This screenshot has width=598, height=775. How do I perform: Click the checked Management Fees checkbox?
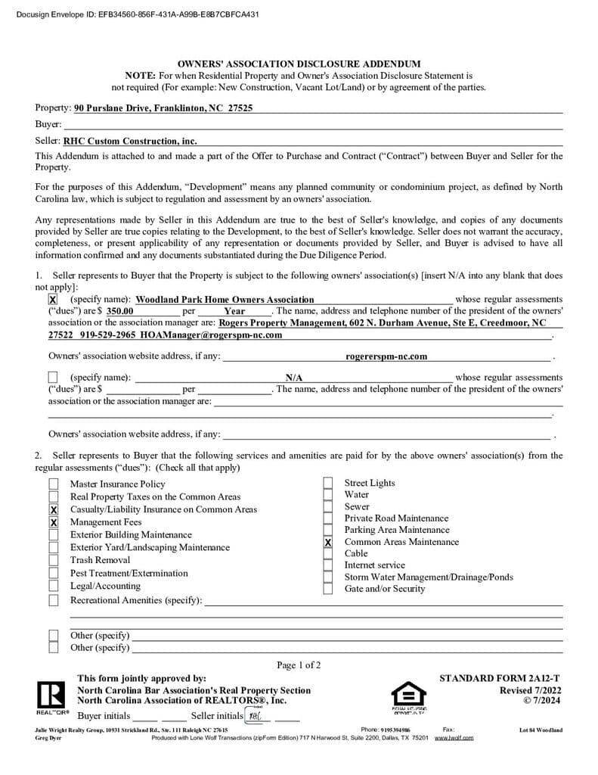coord(54,522)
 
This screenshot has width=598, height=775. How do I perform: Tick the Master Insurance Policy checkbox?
coord(54,484)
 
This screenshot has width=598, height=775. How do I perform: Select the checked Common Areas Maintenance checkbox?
coord(328,543)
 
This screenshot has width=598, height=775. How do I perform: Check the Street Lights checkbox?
coord(328,484)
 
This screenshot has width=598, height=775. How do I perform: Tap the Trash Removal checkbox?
coord(54,561)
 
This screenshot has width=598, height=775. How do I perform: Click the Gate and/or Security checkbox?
coord(328,589)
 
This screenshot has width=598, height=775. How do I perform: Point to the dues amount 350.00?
coord(119,311)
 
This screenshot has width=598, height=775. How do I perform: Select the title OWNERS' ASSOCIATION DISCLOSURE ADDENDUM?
coord(299,64)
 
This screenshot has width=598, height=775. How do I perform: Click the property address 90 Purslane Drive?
coord(163,108)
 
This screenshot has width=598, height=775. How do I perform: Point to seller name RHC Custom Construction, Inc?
coord(130,141)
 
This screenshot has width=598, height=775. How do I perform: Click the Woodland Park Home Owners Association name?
coord(225,300)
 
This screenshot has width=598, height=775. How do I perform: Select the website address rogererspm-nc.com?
coord(386,356)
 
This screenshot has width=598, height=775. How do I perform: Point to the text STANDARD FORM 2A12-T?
coord(500,679)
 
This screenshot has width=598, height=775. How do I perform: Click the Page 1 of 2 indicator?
coord(299,665)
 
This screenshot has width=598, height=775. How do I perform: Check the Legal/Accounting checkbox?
coord(54,587)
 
